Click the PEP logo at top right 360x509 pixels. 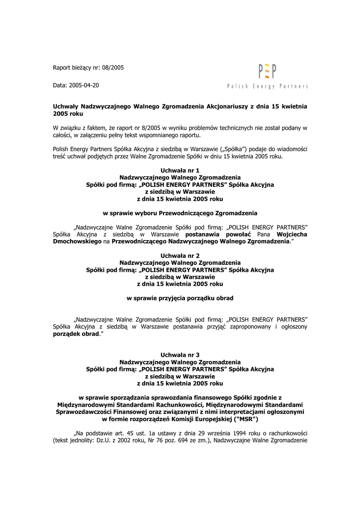coord(268,72)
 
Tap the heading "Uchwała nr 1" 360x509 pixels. coord(180,170)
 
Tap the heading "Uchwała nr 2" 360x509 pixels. coord(180,255)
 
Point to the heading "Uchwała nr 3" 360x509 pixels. coord(180,355)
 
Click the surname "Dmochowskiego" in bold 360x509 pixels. coord(77,241)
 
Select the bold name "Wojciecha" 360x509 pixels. coord(292,234)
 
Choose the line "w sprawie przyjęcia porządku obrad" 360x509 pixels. coord(180,298)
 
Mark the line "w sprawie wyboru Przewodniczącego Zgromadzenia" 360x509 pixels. coord(180,213)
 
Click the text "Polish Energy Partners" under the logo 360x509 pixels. coord(268,86)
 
